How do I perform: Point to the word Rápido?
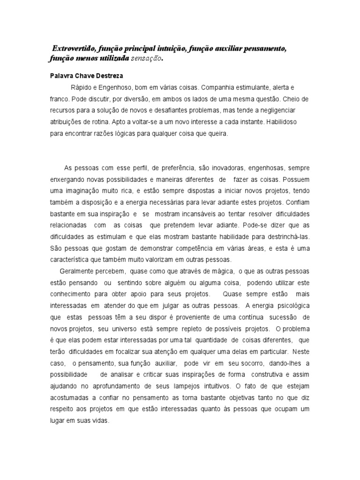point(81,88)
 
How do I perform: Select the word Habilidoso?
point(289,122)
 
